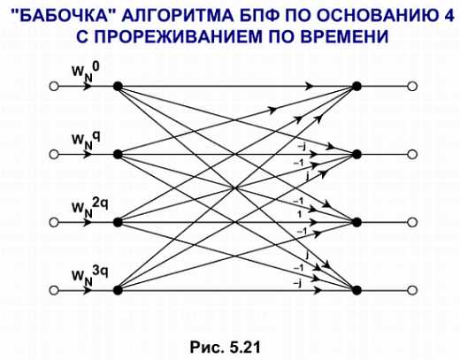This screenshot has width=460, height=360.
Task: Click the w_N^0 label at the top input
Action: [86, 72]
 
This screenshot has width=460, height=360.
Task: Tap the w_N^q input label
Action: [86, 140]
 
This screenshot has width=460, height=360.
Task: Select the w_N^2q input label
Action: [90, 207]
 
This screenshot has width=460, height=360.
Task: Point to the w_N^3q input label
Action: [90, 275]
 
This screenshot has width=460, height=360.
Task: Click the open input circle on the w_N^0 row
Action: [54, 87]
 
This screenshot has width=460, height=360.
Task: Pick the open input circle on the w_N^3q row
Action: [54, 290]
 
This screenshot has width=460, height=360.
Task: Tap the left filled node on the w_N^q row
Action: [118, 154]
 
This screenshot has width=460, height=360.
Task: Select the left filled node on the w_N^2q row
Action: [118, 222]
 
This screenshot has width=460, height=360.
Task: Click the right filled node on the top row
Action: [356, 87]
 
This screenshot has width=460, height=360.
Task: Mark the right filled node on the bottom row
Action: [356, 290]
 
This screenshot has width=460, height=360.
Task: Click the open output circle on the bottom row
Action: [412, 290]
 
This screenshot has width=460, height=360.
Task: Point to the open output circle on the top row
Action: [412, 87]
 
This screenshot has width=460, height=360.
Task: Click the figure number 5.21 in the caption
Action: [245, 347]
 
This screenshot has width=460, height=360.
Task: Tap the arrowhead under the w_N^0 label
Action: [88, 87]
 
